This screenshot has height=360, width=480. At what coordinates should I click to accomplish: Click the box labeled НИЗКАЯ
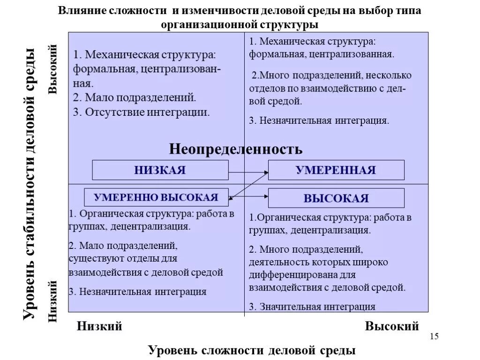point(160,170)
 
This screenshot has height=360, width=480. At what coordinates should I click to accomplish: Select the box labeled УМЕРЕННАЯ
point(336,170)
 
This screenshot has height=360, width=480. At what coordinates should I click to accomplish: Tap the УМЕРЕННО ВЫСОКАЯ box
point(156,197)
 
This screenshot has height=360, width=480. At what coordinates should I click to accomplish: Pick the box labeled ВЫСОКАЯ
point(336,198)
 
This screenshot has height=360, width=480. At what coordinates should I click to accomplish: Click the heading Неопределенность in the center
point(236,149)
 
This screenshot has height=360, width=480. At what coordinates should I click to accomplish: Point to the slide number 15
point(434,337)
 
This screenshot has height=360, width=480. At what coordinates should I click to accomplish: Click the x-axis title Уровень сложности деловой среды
point(252,350)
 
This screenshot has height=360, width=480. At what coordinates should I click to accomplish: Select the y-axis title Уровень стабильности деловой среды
point(30,184)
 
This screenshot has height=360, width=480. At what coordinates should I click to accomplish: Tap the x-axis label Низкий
point(99,326)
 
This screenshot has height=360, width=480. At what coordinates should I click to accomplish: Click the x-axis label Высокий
point(392,326)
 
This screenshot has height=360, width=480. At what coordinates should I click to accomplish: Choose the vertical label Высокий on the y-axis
point(53,69)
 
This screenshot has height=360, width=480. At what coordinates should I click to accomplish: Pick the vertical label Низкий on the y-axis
point(53,300)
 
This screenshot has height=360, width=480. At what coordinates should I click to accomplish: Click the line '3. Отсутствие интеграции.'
point(141,112)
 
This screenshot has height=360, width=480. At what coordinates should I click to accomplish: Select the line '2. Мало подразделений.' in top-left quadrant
point(134,98)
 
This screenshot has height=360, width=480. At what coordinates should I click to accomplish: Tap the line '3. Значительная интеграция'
point(312,307)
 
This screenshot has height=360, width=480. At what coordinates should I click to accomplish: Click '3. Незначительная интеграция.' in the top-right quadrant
point(319,120)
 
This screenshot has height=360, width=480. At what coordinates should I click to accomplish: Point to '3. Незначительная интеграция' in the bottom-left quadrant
point(137,292)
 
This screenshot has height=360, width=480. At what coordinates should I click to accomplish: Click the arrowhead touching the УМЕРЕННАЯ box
point(266,172)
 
